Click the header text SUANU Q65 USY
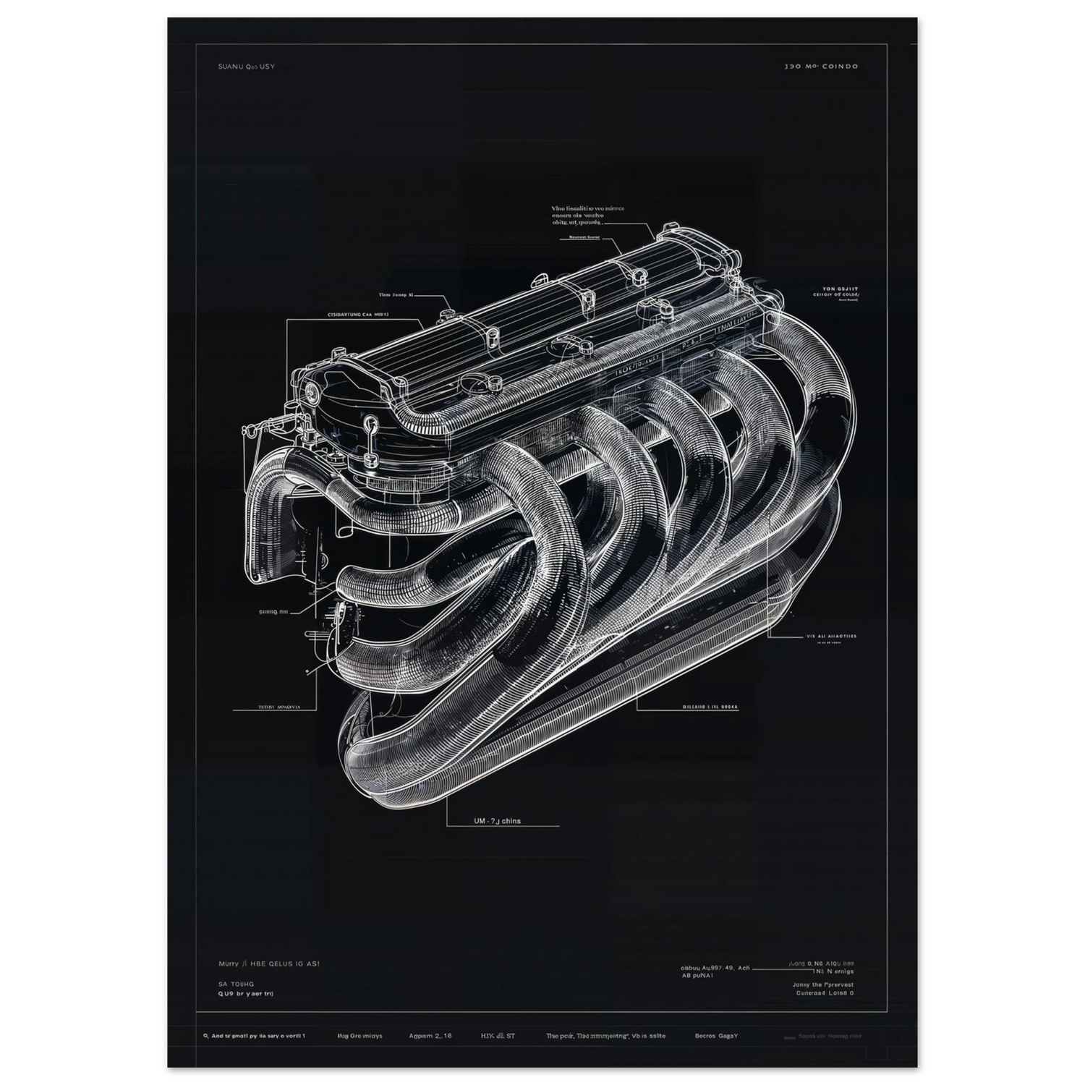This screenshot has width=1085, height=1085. click(246, 67)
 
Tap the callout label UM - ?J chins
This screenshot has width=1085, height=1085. click(497, 821)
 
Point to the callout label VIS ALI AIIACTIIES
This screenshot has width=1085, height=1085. click(831, 637)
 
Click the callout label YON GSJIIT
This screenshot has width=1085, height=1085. click(835, 288)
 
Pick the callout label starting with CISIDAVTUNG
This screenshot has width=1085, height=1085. click(359, 315)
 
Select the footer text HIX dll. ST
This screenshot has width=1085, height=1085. click(498, 1036)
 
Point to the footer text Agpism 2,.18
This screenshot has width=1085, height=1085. click(430, 1036)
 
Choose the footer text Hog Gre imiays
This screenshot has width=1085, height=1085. click(359, 1036)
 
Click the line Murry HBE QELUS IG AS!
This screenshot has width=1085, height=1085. click(268, 964)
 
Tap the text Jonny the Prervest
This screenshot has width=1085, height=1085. click(822, 984)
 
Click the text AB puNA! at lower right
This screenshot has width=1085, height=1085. click(697, 975)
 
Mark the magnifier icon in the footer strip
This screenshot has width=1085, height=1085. click(206, 1036)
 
